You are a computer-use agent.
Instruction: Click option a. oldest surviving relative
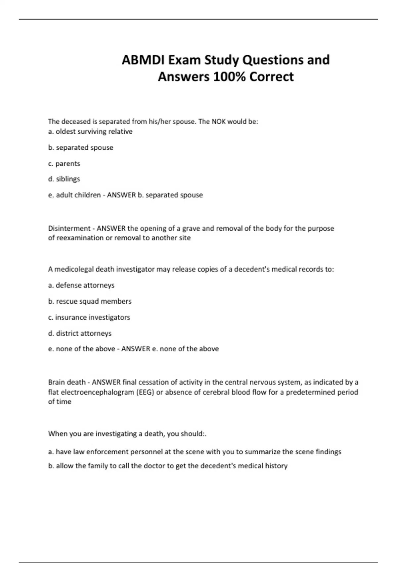[90, 131]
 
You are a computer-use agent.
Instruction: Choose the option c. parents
[64, 164]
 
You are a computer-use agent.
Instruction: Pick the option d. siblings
[64, 179]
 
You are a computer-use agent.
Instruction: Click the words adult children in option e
[78, 195]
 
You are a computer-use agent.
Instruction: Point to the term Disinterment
[69, 229]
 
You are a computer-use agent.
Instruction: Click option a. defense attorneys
[81, 285]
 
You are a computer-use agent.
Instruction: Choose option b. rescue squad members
[90, 301]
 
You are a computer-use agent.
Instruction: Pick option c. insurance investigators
[89, 317]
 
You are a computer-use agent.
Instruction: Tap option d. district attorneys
[80, 333]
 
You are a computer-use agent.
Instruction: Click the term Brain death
[67, 382]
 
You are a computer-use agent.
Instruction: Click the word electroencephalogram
[97, 392]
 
